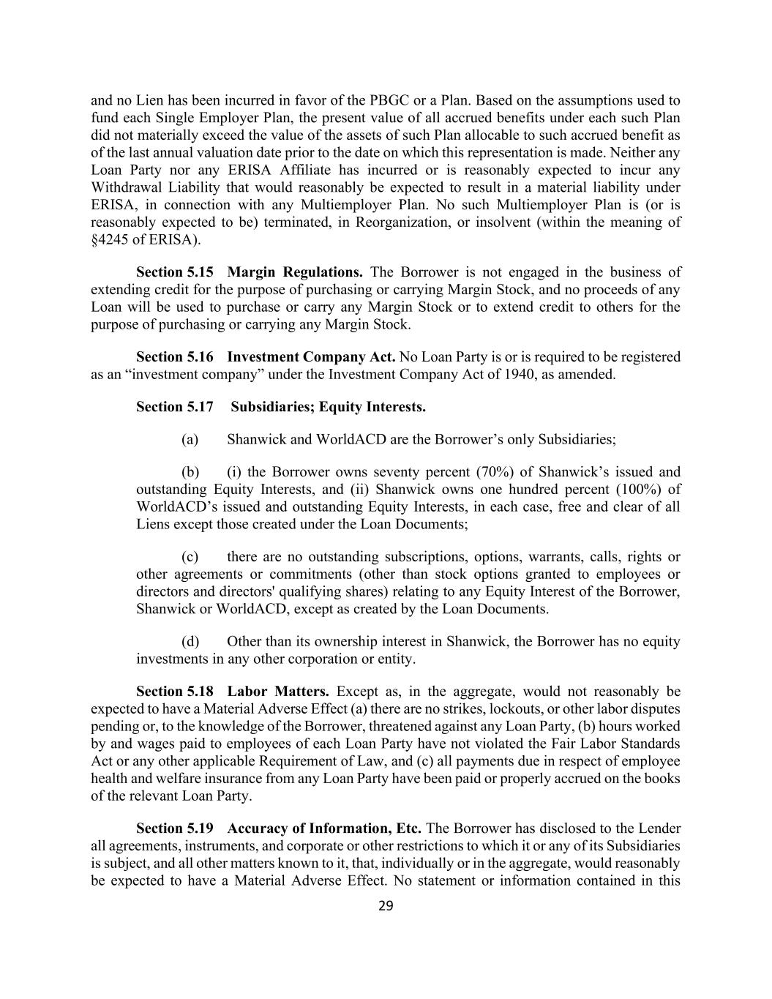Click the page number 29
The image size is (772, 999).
tap(386, 906)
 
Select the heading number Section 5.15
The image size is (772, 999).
tap(175, 272)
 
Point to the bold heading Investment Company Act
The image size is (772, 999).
tap(311, 357)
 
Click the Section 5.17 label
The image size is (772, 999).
tap(175, 407)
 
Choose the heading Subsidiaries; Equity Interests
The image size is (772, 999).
tap(328, 407)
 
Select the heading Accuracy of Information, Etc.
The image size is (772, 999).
tap(324, 828)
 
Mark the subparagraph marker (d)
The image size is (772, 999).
tap(190, 642)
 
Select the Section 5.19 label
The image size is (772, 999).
tap(175, 828)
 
